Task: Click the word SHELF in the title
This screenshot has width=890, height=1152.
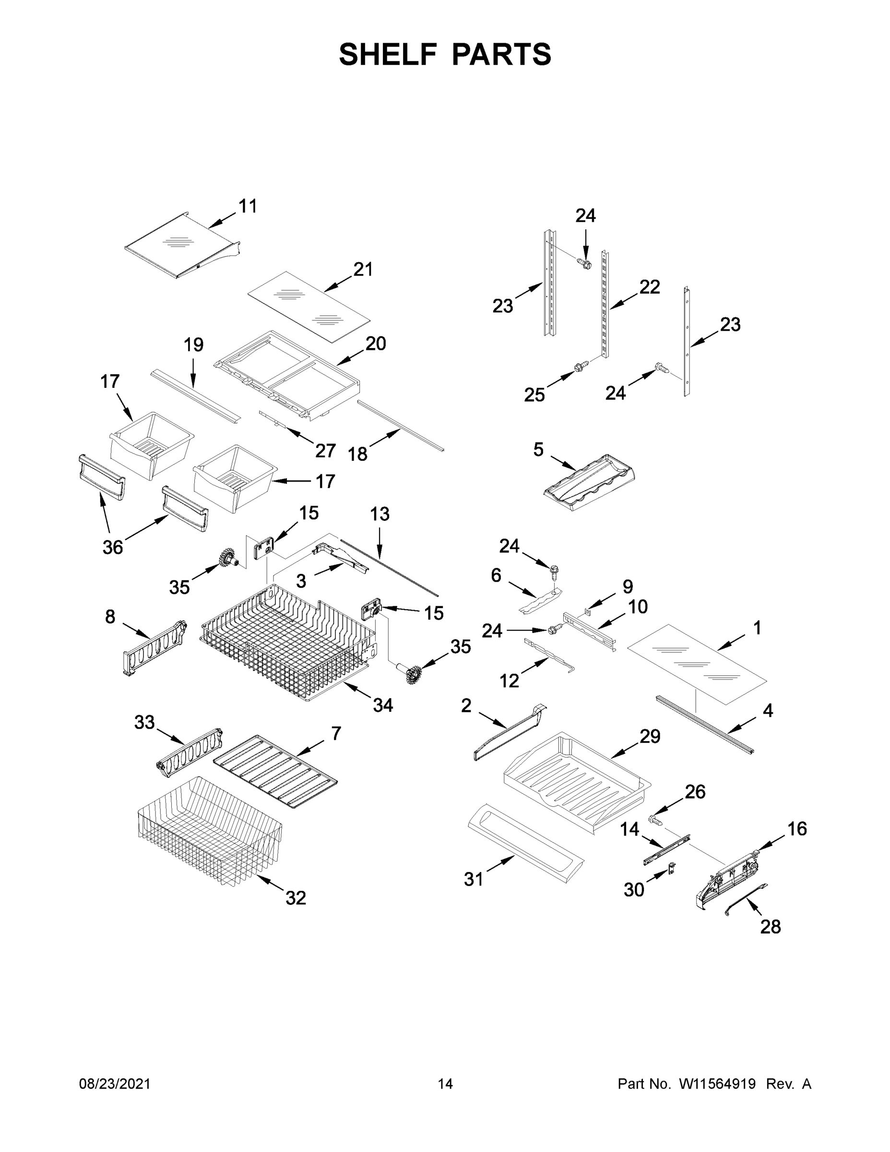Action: [x=388, y=54]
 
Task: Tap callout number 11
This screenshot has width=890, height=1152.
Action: [x=248, y=206]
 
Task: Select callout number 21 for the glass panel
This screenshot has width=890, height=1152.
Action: [x=363, y=270]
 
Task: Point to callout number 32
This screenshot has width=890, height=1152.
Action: [x=295, y=898]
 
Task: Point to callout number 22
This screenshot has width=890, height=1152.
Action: [x=650, y=287]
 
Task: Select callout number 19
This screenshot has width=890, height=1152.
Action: [x=193, y=345]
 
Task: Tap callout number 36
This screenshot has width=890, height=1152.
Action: [x=112, y=548]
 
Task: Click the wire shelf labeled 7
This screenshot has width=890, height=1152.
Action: [x=275, y=770]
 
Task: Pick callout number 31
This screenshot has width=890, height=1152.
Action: [x=473, y=879]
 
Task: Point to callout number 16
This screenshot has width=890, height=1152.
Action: [x=796, y=829]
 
